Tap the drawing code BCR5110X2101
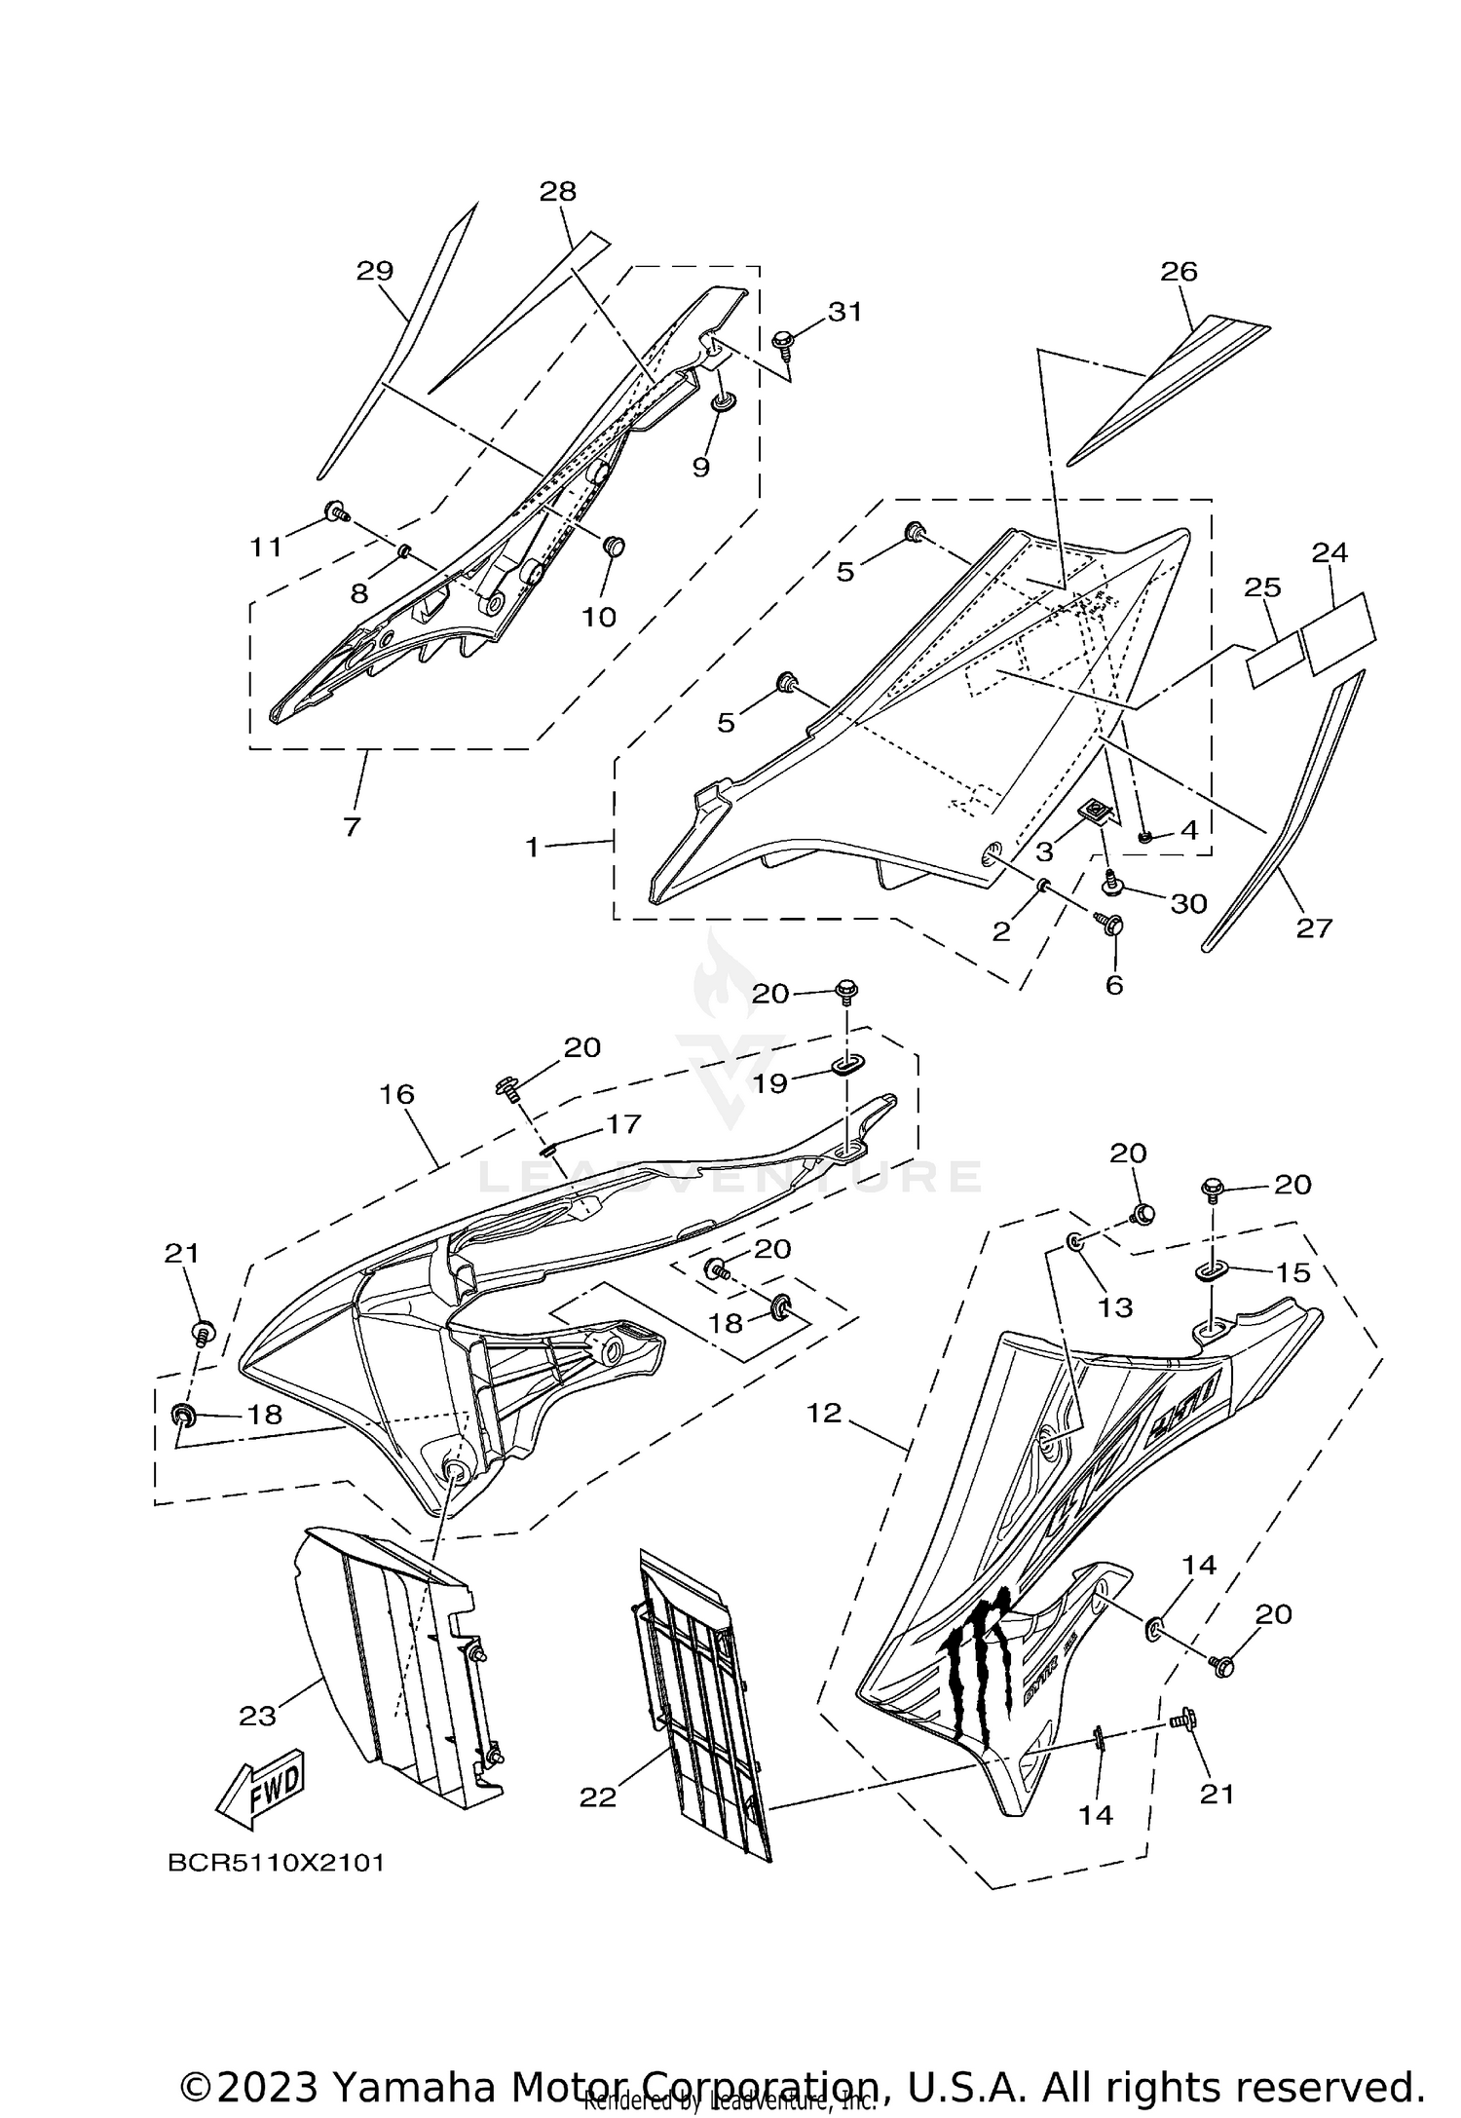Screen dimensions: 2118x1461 tap(277, 1863)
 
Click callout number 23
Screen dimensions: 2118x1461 tap(258, 1717)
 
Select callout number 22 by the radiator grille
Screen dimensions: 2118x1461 tap(598, 1797)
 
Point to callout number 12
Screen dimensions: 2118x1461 tap(824, 1412)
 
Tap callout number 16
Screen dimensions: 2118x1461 tap(397, 1094)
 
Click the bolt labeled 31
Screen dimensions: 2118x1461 tap(782, 342)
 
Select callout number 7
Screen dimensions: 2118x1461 tap(352, 826)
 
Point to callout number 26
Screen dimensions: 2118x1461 tap(1179, 271)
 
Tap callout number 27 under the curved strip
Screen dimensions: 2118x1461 tap(1313, 927)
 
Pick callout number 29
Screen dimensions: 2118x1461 tap(374, 271)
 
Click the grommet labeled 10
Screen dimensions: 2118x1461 tap(614, 546)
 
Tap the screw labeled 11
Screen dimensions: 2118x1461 tap(335, 509)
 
